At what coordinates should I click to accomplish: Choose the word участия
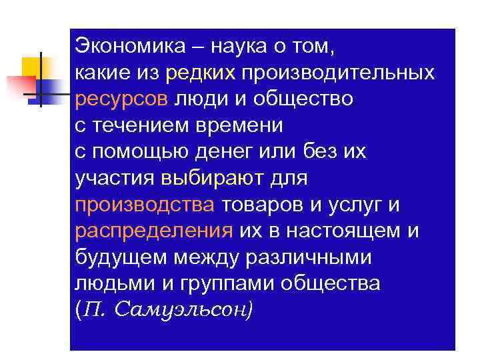pos(115,178)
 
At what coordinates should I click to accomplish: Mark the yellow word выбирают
pos(213,178)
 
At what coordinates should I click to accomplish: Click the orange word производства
pos(145,204)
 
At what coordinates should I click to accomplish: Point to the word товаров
pos(261,204)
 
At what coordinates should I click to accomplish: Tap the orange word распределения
pos(153,231)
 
